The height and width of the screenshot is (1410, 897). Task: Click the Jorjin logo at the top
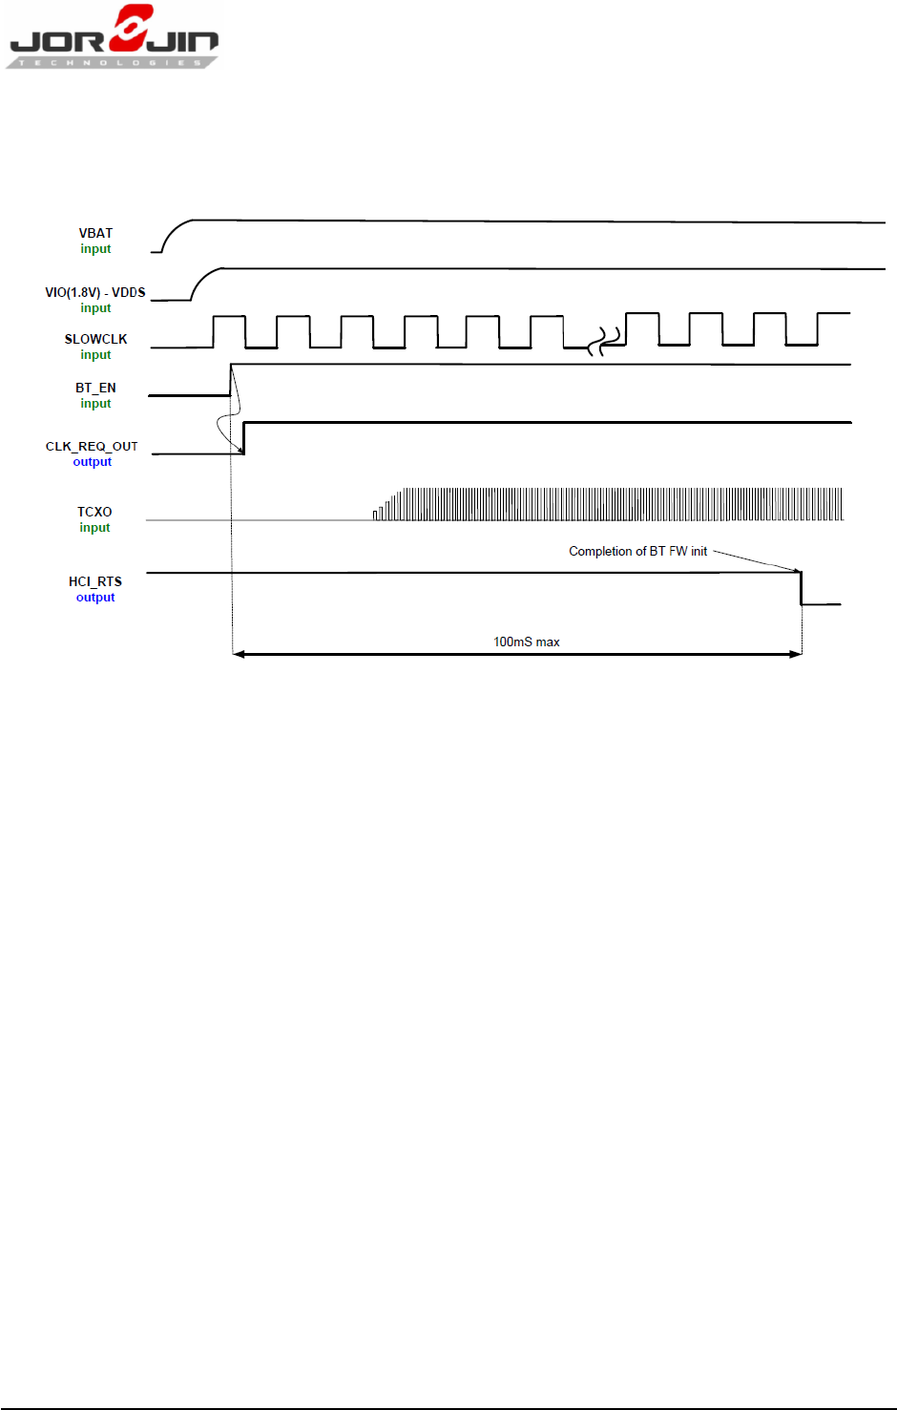pyautogui.click(x=114, y=37)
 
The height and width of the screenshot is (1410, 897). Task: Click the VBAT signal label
pyautogui.click(x=95, y=233)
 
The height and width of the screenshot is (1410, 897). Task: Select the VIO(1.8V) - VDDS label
pyautogui.click(x=95, y=292)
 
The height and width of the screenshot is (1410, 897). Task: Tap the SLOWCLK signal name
pyautogui.click(x=95, y=339)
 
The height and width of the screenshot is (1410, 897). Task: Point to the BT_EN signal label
pyautogui.click(x=95, y=388)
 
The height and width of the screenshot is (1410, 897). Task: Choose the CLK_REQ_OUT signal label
pyautogui.click(x=92, y=446)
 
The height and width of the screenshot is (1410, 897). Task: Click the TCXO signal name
pyautogui.click(x=94, y=512)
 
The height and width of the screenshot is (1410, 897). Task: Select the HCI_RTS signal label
pyautogui.click(x=95, y=581)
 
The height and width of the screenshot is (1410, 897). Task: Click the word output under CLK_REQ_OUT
pyautogui.click(x=93, y=462)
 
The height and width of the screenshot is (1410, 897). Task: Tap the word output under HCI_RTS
pyautogui.click(x=95, y=598)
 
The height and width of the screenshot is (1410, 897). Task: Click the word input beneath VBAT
pyautogui.click(x=95, y=249)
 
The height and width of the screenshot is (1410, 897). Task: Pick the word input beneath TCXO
pyautogui.click(x=94, y=528)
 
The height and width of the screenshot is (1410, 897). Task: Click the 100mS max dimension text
pyautogui.click(x=526, y=642)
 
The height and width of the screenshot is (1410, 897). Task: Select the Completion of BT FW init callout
pyautogui.click(x=637, y=551)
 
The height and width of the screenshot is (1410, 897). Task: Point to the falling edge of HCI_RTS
pyautogui.click(x=801, y=588)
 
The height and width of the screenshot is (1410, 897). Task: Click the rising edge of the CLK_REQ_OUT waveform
pyautogui.click(x=243, y=437)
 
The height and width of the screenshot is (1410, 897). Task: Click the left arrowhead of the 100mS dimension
pyautogui.click(x=239, y=654)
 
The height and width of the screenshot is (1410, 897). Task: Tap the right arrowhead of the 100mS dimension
pyautogui.click(x=796, y=654)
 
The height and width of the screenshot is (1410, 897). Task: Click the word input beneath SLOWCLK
pyautogui.click(x=95, y=355)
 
